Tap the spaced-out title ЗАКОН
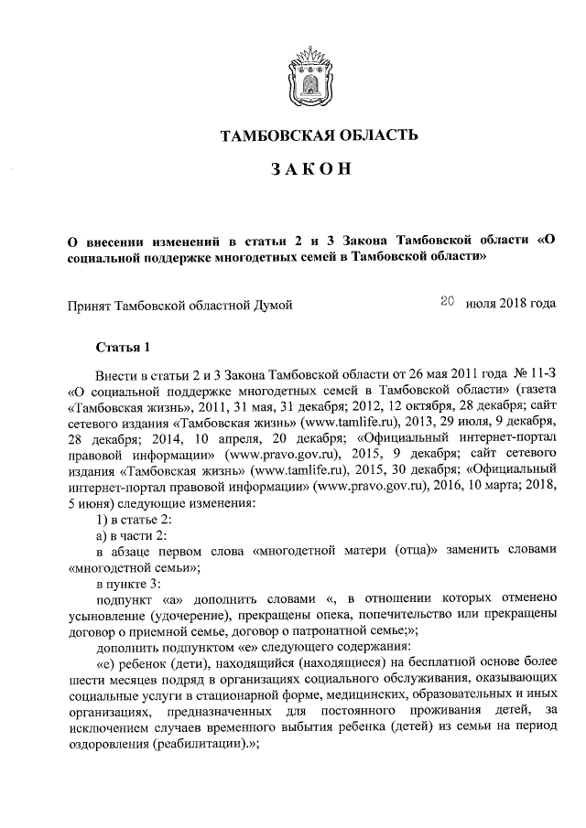click(310, 171)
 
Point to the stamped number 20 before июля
click(448, 299)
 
